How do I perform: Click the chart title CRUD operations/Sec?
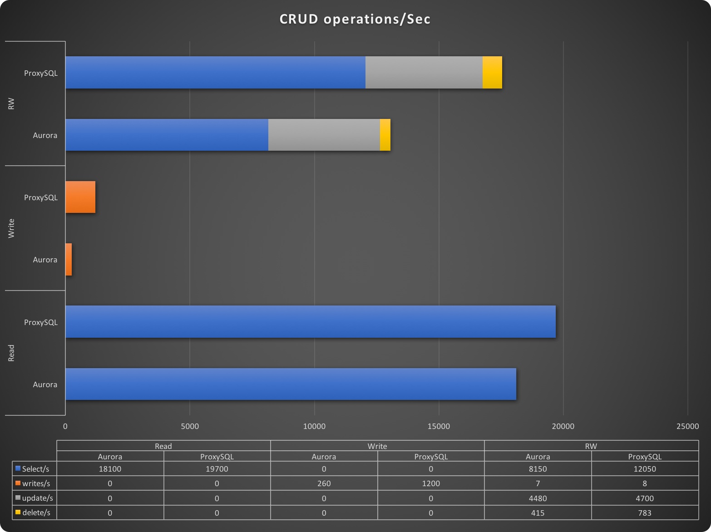pyautogui.click(x=355, y=19)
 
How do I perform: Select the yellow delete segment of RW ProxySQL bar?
pyautogui.click(x=492, y=73)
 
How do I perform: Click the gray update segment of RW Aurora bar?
pyautogui.click(x=324, y=135)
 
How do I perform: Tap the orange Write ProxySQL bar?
pyautogui.click(x=80, y=197)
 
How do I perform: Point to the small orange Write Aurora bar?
pyautogui.click(x=69, y=259)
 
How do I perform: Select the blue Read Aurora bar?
pyautogui.click(x=291, y=384)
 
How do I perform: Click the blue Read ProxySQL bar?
pyautogui.click(x=311, y=322)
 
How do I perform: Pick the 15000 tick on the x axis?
pyautogui.click(x=439, y=426)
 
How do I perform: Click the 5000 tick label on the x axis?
pyautogui.click(x=190, y=426)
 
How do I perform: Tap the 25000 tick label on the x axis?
pyautogui.click(x=687, y=426)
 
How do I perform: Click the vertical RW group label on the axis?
pyautogui.click(x=11, y=103)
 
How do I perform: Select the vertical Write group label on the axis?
pyautogui.click(x=11, y=228)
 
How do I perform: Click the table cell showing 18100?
pyautogui.click(x=110, y=469)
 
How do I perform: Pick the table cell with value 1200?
pyautogui.click(x=431, y=483)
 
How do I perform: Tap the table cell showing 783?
pyautogui.click(x=645, y=513)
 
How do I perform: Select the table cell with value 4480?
pyautogui.click(x=538, y=498)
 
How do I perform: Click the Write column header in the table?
pyautogui.click(x=377, y=446)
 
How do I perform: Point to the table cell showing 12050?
pyautogui.click(x=645, y=469)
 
